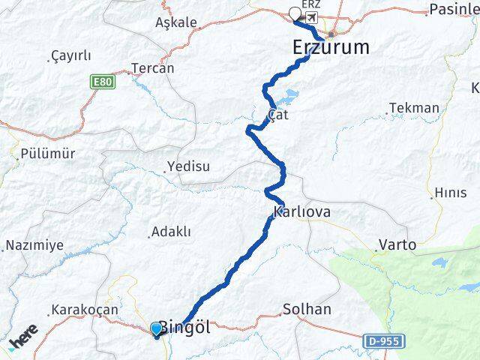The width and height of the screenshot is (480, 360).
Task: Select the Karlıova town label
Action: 303,212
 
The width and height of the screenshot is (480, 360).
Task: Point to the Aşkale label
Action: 175,22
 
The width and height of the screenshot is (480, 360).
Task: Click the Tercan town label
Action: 152,68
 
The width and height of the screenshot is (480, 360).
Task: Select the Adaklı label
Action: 171,232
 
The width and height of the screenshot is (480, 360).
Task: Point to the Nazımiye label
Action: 34,245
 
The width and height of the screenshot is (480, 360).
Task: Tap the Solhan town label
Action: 307,309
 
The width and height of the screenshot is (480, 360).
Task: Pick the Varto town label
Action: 397,244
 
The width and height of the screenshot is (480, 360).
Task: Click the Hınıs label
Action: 450,193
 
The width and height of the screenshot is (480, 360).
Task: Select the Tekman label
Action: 414,108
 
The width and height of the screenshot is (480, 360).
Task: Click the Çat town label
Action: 277,115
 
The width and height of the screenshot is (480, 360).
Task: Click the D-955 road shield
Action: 385,341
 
